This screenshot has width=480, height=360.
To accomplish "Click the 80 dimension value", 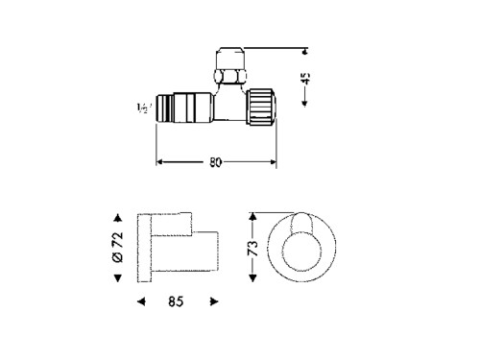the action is [x=215, y=162].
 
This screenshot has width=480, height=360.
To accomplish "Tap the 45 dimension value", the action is [x=306, y=78].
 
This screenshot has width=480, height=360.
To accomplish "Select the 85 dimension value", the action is [x=176, y=301].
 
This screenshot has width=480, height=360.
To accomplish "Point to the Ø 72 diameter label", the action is [x=118, y=247].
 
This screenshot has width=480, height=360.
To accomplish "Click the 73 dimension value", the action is [x=252, y=248].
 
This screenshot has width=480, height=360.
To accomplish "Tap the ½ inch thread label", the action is [x=142, y=108].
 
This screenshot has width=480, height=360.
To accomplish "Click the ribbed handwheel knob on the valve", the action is [x=261, y=107].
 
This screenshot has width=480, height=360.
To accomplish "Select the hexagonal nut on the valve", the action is [x=229, y=76].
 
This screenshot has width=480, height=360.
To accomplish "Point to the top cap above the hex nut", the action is [x=230, y=59].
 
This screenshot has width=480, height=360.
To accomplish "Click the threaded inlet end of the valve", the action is [x=164, y=108].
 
